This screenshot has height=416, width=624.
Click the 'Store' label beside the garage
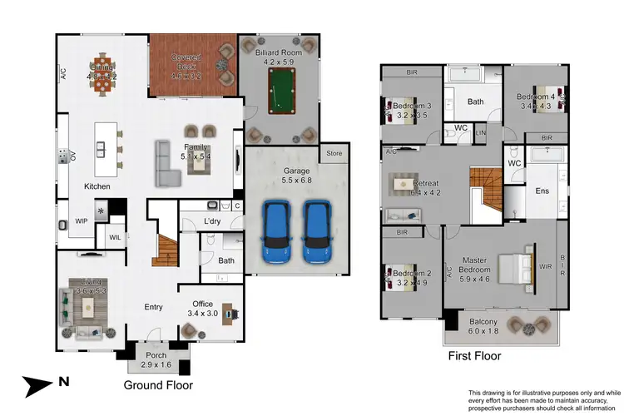pos(334,153)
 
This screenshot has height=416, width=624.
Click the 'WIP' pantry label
pos(82,221)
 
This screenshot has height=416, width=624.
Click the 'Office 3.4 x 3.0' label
pos(204,309)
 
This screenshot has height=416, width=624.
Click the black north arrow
pos(38,384)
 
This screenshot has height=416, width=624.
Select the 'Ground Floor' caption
pos(158,385)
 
